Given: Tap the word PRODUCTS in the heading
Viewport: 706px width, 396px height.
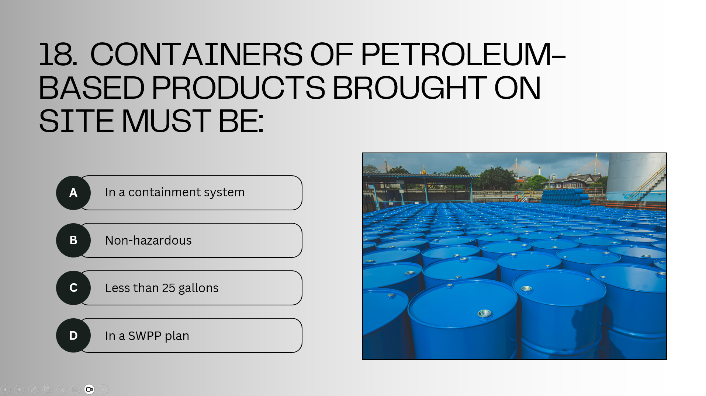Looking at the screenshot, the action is coord(238,88).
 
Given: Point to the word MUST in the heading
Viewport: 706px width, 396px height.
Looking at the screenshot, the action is coord(166,121).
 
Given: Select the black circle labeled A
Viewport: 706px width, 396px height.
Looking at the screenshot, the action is coord(73,193).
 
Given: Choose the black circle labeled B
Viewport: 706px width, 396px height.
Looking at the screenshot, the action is coord(73,240).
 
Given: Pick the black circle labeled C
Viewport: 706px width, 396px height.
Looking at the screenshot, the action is coord(73,288).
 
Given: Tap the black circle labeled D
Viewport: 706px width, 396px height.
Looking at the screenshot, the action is coord(73,335).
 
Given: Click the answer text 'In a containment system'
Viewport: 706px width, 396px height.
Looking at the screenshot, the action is coord(175,192).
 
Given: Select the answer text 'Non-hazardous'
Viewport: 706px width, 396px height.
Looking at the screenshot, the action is coord(148,240).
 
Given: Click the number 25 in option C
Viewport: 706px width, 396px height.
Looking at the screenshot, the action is coord(169,288).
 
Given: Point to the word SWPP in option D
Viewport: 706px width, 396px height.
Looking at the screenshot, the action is coord(145,336).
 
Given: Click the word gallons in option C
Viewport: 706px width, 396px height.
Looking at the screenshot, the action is coord(198,288).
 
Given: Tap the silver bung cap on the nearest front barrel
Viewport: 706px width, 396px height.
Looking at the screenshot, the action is coord(484,313).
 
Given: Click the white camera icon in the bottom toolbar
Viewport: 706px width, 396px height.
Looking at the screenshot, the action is coord(89,389).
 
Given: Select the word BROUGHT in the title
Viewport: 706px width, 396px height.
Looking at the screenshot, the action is coord(410,88).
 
